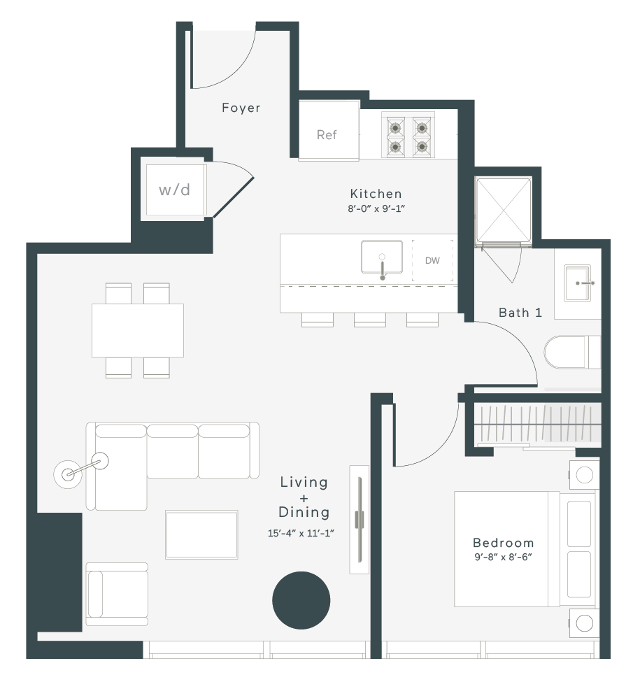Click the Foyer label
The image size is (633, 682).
click(x=241, y=108)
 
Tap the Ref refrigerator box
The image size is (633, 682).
click(x=329, y=131)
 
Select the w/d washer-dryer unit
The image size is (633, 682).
click(x=175, y=190)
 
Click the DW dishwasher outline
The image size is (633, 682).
click(x=432, y=260)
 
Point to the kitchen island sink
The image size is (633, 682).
click(x=381, y=257)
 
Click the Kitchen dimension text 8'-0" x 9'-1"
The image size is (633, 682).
click(x=376, y=208)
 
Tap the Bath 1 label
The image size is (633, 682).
click(x=520, y=312)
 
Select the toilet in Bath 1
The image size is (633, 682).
click(x=572, y=352)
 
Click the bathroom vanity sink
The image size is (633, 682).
click(x=578, y=283)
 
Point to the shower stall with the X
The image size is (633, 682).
click(x=504, y=212)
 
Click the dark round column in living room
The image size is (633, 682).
click(x=301, y=600)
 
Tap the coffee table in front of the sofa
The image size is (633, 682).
click(x=201, y=534)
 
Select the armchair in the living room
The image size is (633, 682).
click(x=117, y=594)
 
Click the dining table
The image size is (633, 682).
click(x=138, y=331)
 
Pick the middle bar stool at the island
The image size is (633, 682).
click(x=370, y=320)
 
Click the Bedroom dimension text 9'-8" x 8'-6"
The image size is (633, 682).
click(x=504, y=557)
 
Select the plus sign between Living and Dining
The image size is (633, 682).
click(x=304, y=498)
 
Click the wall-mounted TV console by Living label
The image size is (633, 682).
click(x=360, y=520)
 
